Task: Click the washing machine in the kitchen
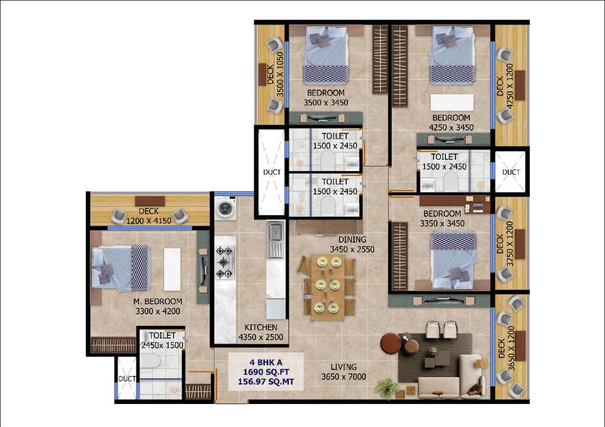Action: pyautogui.click(x=226, y=208)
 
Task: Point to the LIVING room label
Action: pyautogui.click(x=343, y=367)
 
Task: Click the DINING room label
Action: pyautogui.click(x=352, y=239)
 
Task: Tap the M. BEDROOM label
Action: pyautogui.click(x=158, y=301)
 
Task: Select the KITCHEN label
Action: pyautogui.click(x=261, y=327)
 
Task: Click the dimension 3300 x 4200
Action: pyautogui.click(x=158, y=311)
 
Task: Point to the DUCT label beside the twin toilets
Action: pyautogui.click(x=272, y=172)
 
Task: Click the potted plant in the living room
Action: pyautogui.click(x=386, y=387)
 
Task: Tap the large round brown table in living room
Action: pyautogui.click(x=390, y=343)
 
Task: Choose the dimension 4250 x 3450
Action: pyautogui.click(x=451, y=127)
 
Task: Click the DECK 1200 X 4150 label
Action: pyautogui.click(x=149, y=216)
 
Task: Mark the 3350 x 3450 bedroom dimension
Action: pyautogui.click(x=442, y=223)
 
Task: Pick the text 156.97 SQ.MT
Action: pyautogui.click(x=266, y=382)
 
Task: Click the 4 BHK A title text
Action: pyautogui.click(x=266, y=362)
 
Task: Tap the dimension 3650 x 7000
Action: pyautogui.click(x=343, y=377)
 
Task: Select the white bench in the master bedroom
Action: pyautogui.click(x=172, y=270)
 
